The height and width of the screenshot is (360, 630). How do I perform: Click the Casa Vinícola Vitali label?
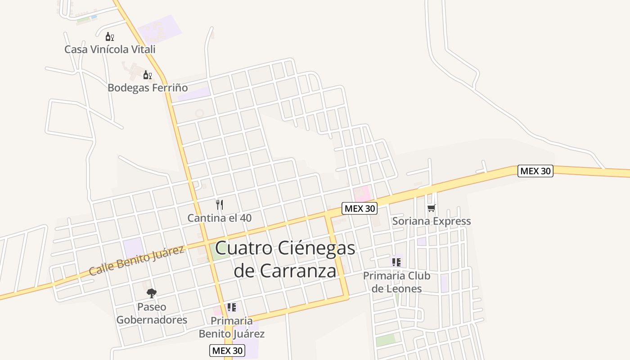[x=110, y=49]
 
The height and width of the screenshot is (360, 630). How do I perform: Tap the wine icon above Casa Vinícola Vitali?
[x=109, y=36]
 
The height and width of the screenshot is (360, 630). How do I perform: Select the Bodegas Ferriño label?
[x=148, y=87]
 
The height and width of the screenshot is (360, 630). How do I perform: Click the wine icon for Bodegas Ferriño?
[x=147, y=75]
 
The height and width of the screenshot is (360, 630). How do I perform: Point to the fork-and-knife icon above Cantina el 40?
[x=220, y=205]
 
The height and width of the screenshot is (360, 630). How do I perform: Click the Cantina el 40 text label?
[x=219, y=218]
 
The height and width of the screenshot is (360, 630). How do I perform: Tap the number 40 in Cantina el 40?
[x=246, y=218]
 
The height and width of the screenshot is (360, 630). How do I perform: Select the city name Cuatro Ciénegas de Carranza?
[x=285, y=260]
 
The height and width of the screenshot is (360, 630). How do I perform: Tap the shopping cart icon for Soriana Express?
[x=431, y=208]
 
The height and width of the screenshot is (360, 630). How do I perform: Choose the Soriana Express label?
[x=431, y=221]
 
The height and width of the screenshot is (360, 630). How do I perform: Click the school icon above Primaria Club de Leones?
[x=396, y=262]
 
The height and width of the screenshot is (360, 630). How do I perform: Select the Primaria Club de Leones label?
[x=396, y=282]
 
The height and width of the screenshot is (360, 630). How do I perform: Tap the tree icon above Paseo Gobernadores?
[x=152, y=293]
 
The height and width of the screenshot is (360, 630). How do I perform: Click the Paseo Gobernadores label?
[x=152, y=314]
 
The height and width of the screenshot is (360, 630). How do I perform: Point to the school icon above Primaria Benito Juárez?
[x=231, y=307]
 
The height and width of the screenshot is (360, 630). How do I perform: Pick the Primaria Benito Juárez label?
[x=231, y=327]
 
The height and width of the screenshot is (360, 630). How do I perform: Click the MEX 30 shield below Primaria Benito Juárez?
[x=227, y=350]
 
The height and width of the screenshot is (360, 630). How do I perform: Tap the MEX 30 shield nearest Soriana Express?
[x=359, y=208]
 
